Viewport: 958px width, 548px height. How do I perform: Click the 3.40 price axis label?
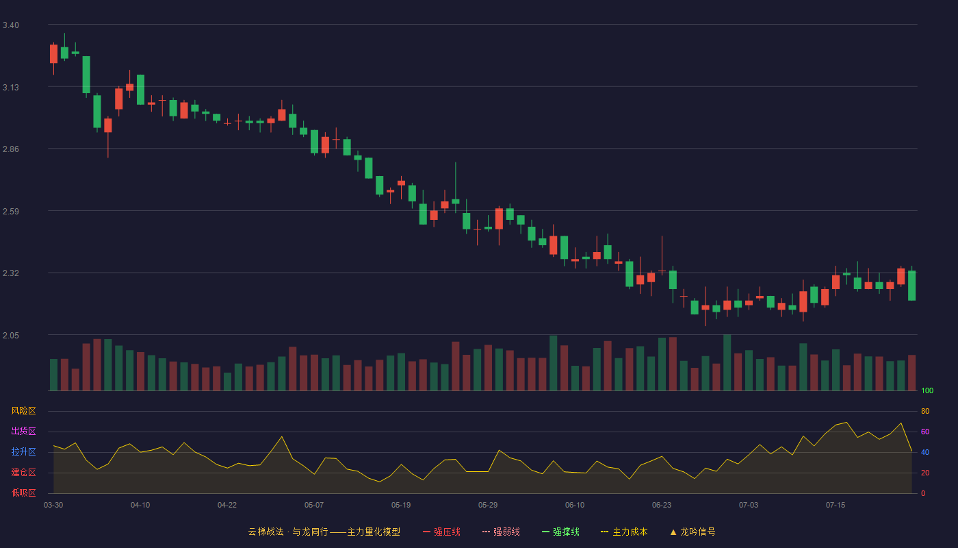pyautogui.click(x=11, y=25)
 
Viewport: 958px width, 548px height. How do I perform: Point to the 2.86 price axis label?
pyautogui.click(x=11, y=149)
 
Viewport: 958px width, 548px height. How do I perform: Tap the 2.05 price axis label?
pyautogui.click(x=11, y=336)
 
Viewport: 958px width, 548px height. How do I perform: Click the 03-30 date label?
pyautogui.click(x=53, y=506)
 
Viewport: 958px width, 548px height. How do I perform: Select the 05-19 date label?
pyautogui.click(x=401, y=506)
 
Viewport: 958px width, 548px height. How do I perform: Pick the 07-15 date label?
pyautogui.click(x=836, y=506)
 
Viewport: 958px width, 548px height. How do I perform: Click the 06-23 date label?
pyautogui.click(x=662, y=506)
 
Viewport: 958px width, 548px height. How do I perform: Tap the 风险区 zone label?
pyautogui.click(x=23, y=411)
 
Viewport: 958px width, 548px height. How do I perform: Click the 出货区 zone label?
pyautogui.click(x=23, y=431)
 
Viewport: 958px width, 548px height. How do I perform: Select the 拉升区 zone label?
pyautogui.click(x=23, y=451)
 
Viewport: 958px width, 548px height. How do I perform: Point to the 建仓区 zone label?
pyautogui.click(x=23, y=472)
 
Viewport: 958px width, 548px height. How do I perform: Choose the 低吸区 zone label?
pyautogui.click(x=23, y=493)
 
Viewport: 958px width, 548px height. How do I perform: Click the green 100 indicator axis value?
pyautogui.click(x=927, y=390)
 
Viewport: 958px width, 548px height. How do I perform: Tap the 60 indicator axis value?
pyautogui.click(x=925, y=432)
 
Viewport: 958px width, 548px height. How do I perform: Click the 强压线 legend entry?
pyautogui.click(x=441, y=532)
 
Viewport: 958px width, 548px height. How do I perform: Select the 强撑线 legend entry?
pyautogui.click(x=560, y=532)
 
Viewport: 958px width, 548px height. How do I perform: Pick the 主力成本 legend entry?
pyautogui.click(x=624, y=532)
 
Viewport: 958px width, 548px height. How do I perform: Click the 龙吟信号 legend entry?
pyautogui.click(x=692, y=532)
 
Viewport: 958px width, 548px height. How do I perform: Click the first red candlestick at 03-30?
pyautogui.click(x=53, y=54)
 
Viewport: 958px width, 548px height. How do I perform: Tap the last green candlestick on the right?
pyautogui.click(x=911, y=285)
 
